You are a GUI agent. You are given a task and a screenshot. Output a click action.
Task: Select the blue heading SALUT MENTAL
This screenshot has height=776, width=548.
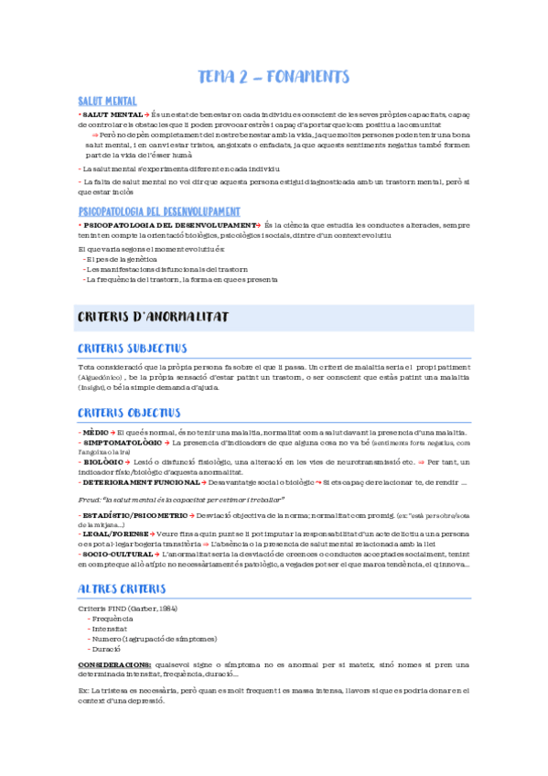(108, 101)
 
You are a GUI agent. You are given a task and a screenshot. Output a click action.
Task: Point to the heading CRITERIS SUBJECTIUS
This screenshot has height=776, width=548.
(133, 349)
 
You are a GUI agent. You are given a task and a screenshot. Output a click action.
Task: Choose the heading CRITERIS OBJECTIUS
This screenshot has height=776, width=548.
(129, 413)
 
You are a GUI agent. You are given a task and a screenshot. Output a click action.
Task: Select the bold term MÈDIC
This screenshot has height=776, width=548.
(95, 432)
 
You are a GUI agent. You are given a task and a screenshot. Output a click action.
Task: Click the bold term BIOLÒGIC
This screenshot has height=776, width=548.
(102, 462)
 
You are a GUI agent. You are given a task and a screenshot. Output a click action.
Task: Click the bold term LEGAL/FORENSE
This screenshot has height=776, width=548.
(113, 533)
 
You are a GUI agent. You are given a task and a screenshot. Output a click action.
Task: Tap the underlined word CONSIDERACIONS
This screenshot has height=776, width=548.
(114, 665)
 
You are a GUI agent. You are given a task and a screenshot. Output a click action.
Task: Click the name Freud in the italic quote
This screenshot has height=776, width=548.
(89, 500)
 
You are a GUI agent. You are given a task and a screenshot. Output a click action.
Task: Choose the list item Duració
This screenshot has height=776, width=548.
(106, 648)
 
